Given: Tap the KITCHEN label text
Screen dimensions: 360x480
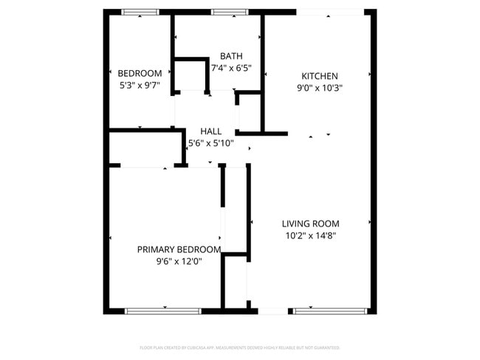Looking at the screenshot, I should [x=320, y=76].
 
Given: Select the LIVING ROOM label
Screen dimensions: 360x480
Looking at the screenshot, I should [x=310, y=224].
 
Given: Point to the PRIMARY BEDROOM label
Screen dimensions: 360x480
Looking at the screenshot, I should [x=179, y=249].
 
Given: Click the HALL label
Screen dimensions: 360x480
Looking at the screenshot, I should [x=210, y=131].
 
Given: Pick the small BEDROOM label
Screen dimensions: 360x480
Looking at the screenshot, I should [x=140, y=73].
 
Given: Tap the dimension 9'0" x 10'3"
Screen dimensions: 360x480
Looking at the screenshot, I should [x=319, y=87].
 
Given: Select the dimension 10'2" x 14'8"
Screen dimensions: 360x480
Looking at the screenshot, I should [x=310, y=235].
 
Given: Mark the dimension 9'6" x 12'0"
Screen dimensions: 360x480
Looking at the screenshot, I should [x=179, y=261].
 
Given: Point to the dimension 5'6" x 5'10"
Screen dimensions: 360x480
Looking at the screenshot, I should [x=211, y=143].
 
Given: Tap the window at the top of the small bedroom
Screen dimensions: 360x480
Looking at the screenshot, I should [x=140, y=12].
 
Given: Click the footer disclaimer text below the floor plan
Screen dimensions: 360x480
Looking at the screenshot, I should [x=240, y=347].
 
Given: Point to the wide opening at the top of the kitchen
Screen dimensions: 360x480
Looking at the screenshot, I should [x=329, y=12].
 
